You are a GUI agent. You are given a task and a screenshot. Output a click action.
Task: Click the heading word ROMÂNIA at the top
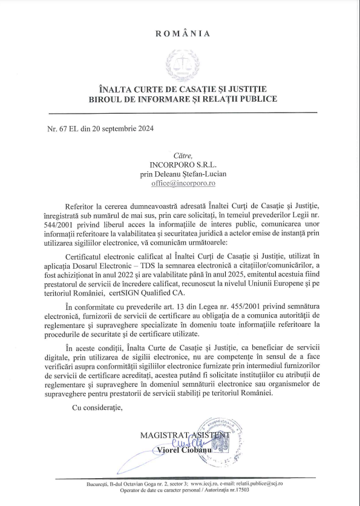[183, 34]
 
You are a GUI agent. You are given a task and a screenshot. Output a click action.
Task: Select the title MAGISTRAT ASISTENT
[185, 435]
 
